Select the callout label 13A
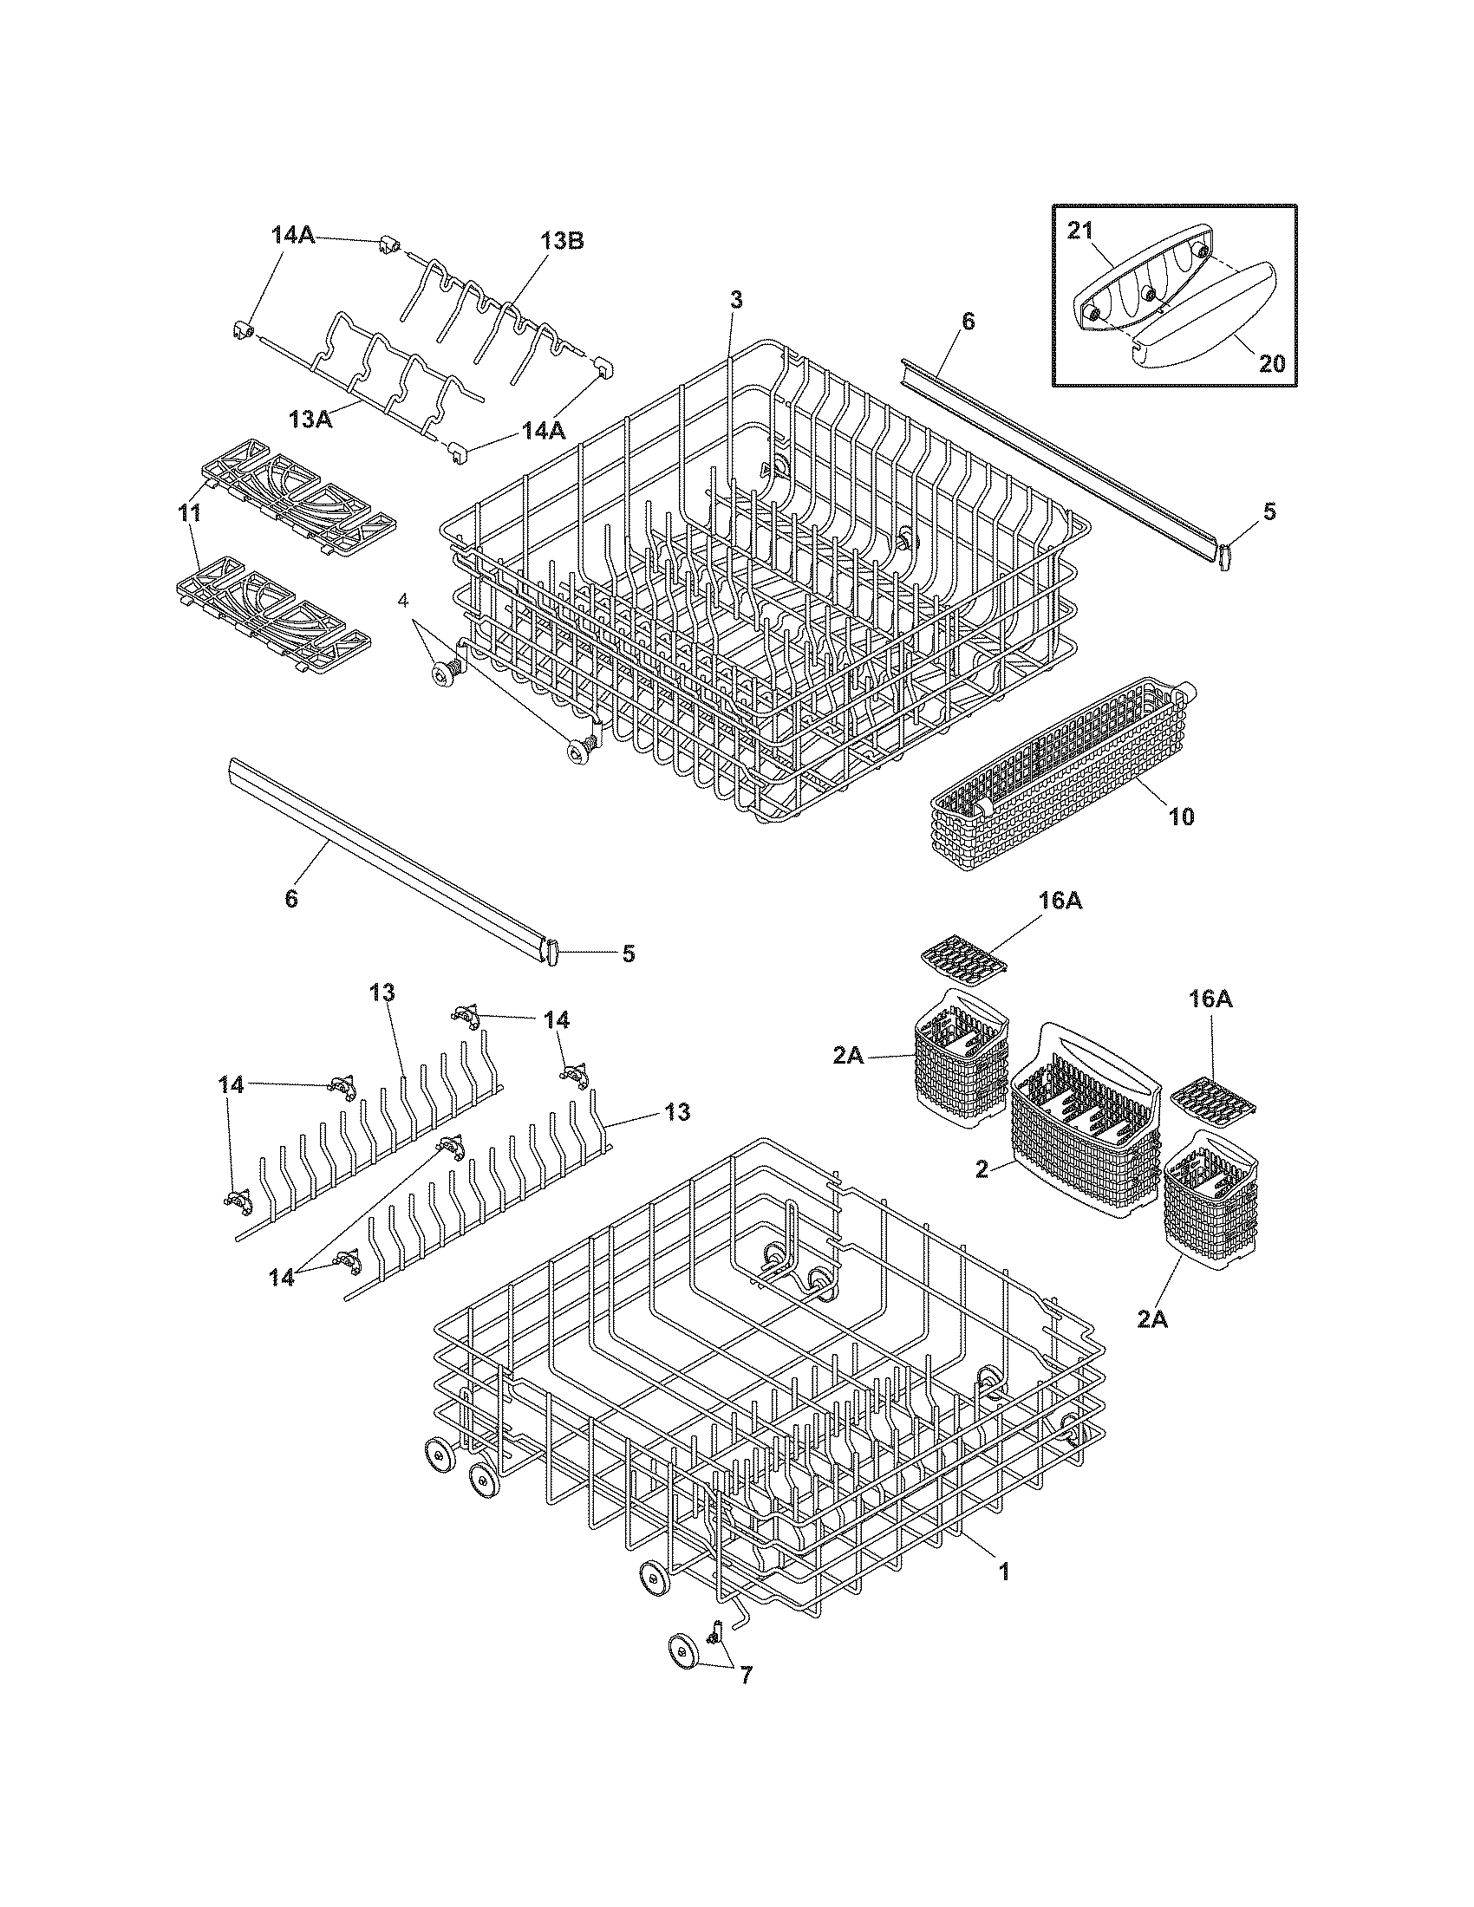(311, 419)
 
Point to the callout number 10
(1180, 817)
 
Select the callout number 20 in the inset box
(1272, 362)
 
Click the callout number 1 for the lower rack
(1004, 1572)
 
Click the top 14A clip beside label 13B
(388, 247)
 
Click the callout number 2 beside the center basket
(982, 1168)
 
